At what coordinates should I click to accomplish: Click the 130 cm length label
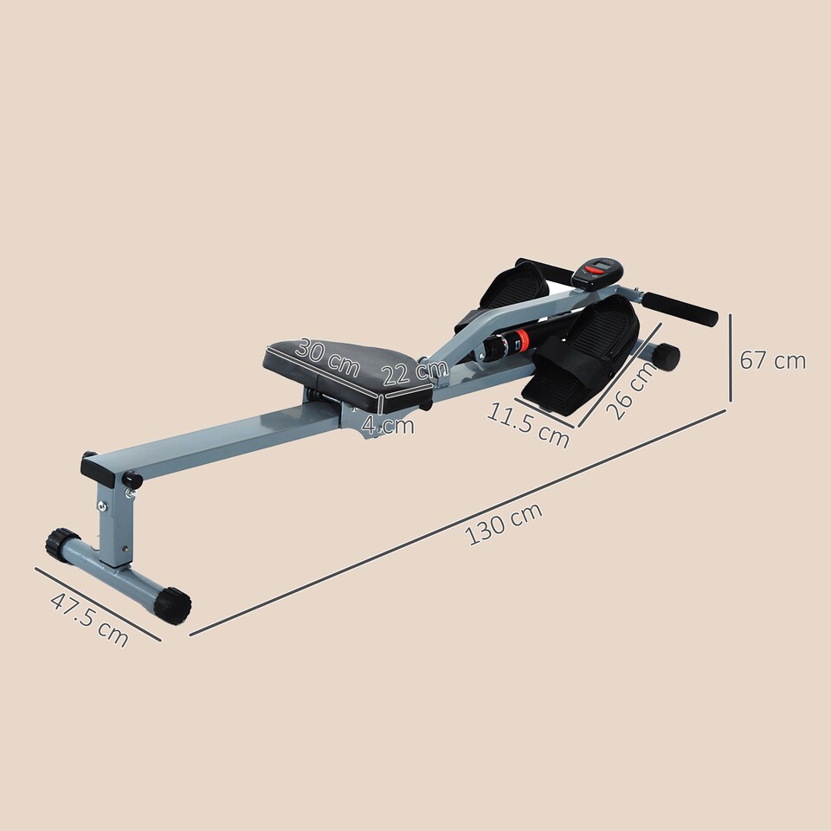pos(505,523)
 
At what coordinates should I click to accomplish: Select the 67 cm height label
pos(772,360)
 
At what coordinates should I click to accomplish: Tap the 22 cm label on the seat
pos(415,373)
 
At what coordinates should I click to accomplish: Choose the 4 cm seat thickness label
pos(388,425)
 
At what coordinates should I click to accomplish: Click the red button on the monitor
pos(594,271)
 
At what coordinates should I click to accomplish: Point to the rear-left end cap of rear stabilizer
pos(62,544)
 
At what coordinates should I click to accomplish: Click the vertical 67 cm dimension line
pos(731,358)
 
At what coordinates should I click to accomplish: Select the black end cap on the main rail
pos(98,469)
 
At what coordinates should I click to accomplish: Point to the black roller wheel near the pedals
pos(666,357)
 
